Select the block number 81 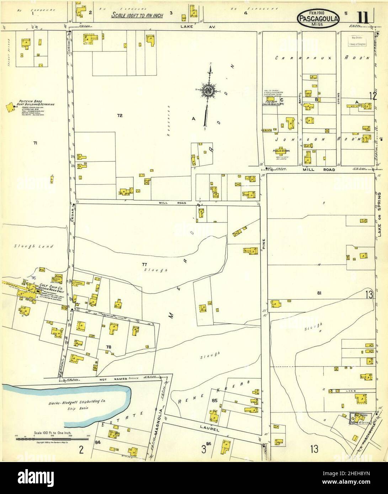pyautogui.click(x=319, y=293)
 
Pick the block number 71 pyautogui.click(x=35, y=143)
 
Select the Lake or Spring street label pyautogui.click(x=381, y=215)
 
